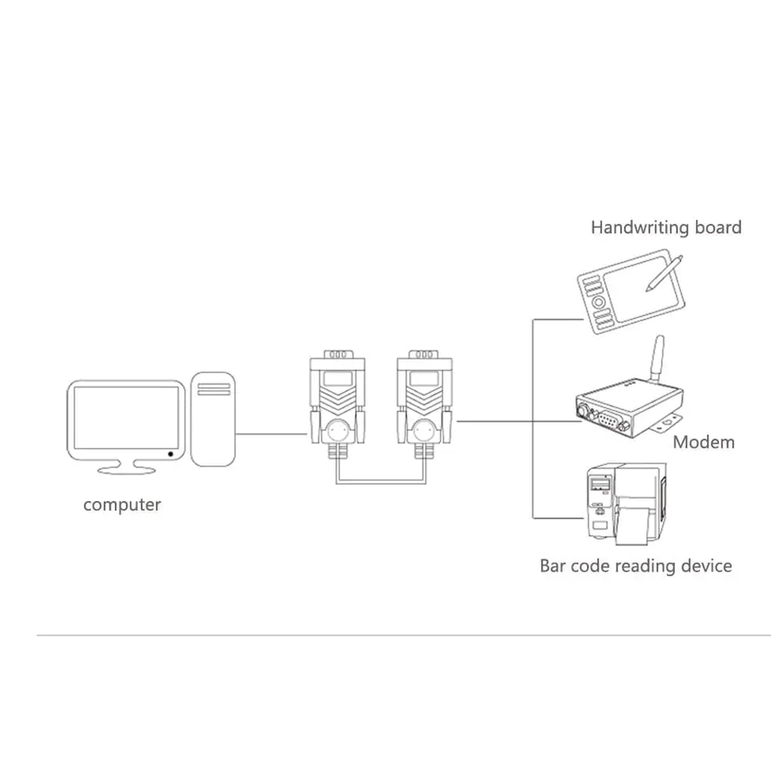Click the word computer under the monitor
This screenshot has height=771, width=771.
pos(122,504)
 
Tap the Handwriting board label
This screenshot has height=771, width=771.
pos(665,227)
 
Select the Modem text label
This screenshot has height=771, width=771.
pos(703,442)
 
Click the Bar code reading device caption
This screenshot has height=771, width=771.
pos(635,566)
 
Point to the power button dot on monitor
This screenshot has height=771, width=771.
pos(171,454)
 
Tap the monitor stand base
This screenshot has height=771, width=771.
pos(127,470)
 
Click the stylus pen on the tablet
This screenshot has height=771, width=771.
pos(664,274)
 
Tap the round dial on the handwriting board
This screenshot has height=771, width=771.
pos(599,302)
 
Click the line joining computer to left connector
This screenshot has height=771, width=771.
pos(271,434)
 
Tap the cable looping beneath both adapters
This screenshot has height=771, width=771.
pos(381,483)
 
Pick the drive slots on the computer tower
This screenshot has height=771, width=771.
pos(213,389)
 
